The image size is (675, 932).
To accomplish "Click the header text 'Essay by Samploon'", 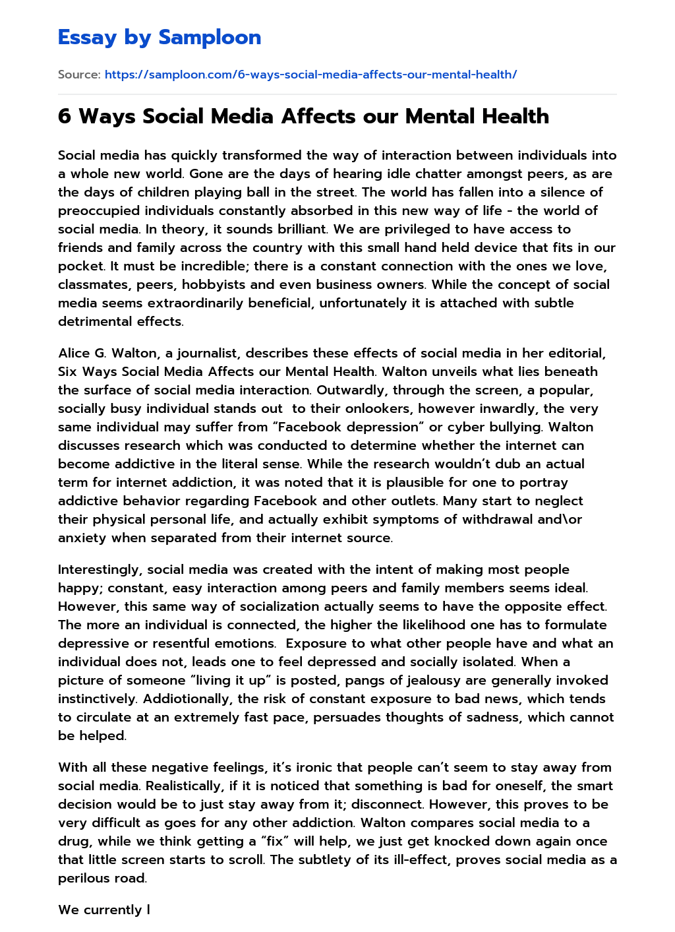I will click(x=160, y=38).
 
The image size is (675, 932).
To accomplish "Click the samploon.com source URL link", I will click(x=310, y=75).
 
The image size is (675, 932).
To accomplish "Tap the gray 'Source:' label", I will click(x=79, y=75).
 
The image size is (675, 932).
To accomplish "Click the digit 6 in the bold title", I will click(x=64, y=117).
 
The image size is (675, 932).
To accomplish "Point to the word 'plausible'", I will click(x=423, y=483).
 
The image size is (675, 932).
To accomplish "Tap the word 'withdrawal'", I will click(x=498, y=520).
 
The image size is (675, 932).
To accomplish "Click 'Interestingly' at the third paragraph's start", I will click(x=100, y=570).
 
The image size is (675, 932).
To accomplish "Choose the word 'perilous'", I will click(x=84, y=879).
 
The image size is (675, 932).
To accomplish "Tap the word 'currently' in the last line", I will click(x=113, y=910).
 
